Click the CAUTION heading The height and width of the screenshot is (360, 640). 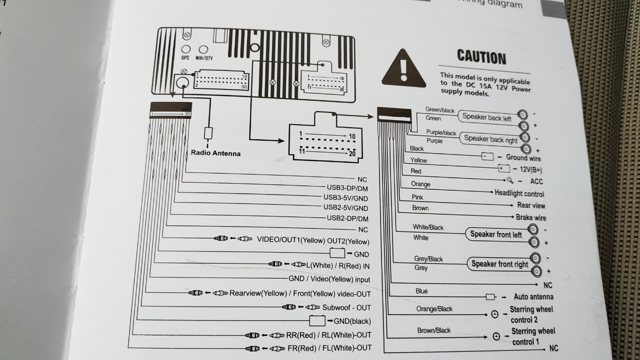tap(481, 57)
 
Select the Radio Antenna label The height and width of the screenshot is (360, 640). tap(215, 153)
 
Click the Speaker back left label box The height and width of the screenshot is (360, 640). tap(486, 117)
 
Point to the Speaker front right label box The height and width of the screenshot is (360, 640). tap(499, 264)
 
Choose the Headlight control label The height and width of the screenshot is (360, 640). tap(519, 193)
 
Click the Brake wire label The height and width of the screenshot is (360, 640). tap(531, 217)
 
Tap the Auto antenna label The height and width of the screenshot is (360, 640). tap(533, 296)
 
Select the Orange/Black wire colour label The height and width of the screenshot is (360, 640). tap(434, 309)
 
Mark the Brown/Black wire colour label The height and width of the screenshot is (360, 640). tap(434, 330)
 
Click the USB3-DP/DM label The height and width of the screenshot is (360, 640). tap(347, 188)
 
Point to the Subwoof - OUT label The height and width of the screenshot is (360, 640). tap(346, 307)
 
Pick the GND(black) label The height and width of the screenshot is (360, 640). tap(352, 321)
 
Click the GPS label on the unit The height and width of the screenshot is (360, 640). tap(185, 58)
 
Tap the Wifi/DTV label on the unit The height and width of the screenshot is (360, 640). tap(203, 58)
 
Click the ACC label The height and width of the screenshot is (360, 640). tap(536, 181)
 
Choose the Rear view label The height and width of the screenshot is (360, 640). tap(531, 205)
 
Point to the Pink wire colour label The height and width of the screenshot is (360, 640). tap(417, 197)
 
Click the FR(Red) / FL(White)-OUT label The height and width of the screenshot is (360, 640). tap(329, 348)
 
